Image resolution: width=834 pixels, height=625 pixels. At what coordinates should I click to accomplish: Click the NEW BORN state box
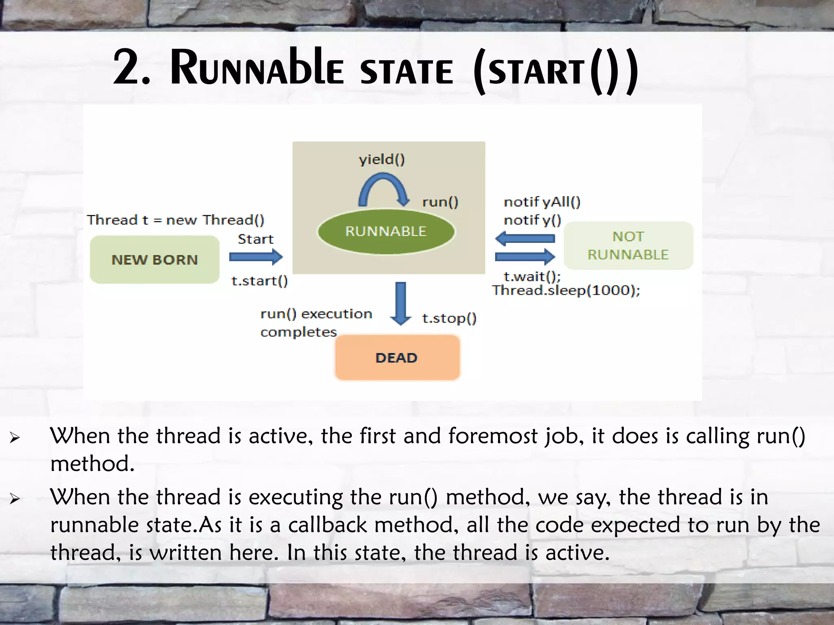pos(154,259)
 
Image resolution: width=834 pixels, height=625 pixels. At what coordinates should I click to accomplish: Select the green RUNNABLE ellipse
pos(386,232)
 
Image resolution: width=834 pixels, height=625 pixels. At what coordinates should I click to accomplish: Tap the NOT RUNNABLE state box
pos(628,245)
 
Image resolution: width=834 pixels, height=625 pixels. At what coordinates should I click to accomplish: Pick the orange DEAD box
pos(397,358)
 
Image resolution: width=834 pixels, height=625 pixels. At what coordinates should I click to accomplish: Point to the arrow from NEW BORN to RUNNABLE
pos(256,257)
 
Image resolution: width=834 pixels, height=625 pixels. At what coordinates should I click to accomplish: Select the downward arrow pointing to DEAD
pos(401,303)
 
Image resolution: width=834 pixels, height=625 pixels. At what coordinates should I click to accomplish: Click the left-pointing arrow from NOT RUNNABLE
pos(525,238)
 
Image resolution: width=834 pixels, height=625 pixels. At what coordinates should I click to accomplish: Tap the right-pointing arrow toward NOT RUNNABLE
pos(525,257)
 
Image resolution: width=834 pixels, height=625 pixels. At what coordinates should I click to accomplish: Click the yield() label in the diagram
pos(382,160)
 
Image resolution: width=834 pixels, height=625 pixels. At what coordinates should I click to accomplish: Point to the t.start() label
pos(259,281)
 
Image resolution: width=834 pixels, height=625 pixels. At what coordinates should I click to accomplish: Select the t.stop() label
pos(449,318)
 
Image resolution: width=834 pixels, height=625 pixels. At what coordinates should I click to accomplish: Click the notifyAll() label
pos(542,202)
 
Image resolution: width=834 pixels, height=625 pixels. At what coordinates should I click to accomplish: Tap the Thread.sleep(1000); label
pos(566,291)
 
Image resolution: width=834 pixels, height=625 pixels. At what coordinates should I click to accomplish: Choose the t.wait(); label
pos(532,277)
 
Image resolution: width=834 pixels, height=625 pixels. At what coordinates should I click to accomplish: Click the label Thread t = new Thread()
pos(176,220)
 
